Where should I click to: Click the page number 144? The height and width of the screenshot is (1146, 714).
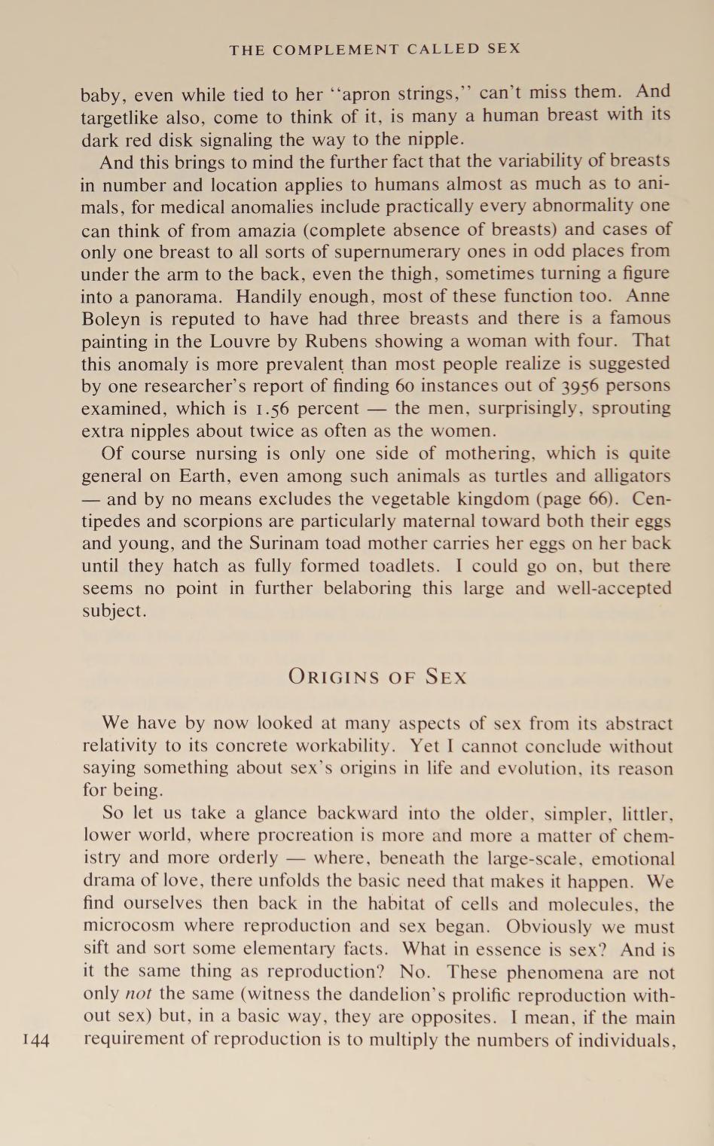tap(36, 1041)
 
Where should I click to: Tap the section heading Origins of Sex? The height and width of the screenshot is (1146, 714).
tap(377, 676)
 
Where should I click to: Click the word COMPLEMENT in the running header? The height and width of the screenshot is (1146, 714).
tap(335, 50)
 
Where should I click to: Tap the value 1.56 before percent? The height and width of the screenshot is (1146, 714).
tap(272, 409)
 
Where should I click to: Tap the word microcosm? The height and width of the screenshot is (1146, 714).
tap(128, 925)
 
